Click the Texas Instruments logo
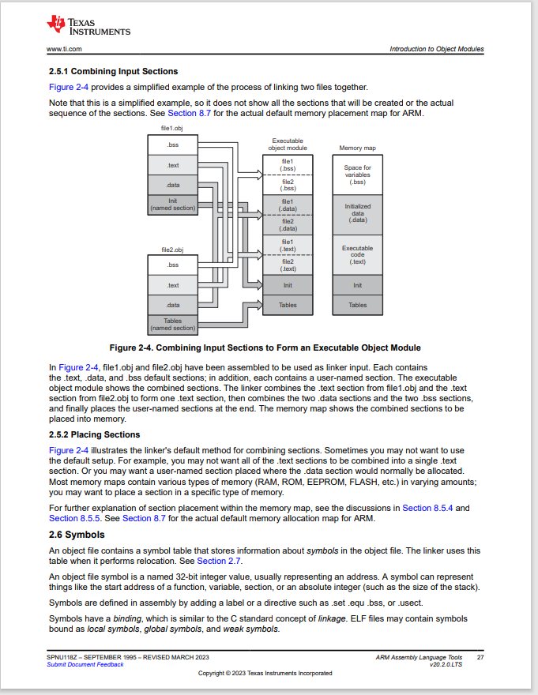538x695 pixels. tap(88, 25)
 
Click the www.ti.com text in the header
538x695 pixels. tap(64, 49)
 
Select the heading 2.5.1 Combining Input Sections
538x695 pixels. tap(113, 71)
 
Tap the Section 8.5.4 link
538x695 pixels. tap(427, 508)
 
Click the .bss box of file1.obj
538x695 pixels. tap(172, 145)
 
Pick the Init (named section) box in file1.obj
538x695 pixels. tap(172, 205)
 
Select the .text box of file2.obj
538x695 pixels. tap(172, 285)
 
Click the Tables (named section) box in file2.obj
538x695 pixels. tap(172, 325)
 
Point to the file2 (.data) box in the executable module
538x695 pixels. tap(288, 225)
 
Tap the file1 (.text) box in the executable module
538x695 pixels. tap(288, 245)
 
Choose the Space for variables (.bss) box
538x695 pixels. tap(358, 175)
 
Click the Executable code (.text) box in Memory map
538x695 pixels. tap(358, 255)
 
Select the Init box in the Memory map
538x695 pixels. tap(358, 285)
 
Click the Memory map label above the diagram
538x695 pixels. tap(358, 148)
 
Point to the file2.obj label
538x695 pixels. tap(172, 250)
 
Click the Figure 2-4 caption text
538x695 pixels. tap(265, 348)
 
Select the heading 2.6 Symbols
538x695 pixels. tap(77, 535)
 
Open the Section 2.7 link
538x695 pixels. tap(219, 562)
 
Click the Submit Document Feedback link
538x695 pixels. tap(85, 664)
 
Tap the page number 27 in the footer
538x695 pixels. tap(480, 657)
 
